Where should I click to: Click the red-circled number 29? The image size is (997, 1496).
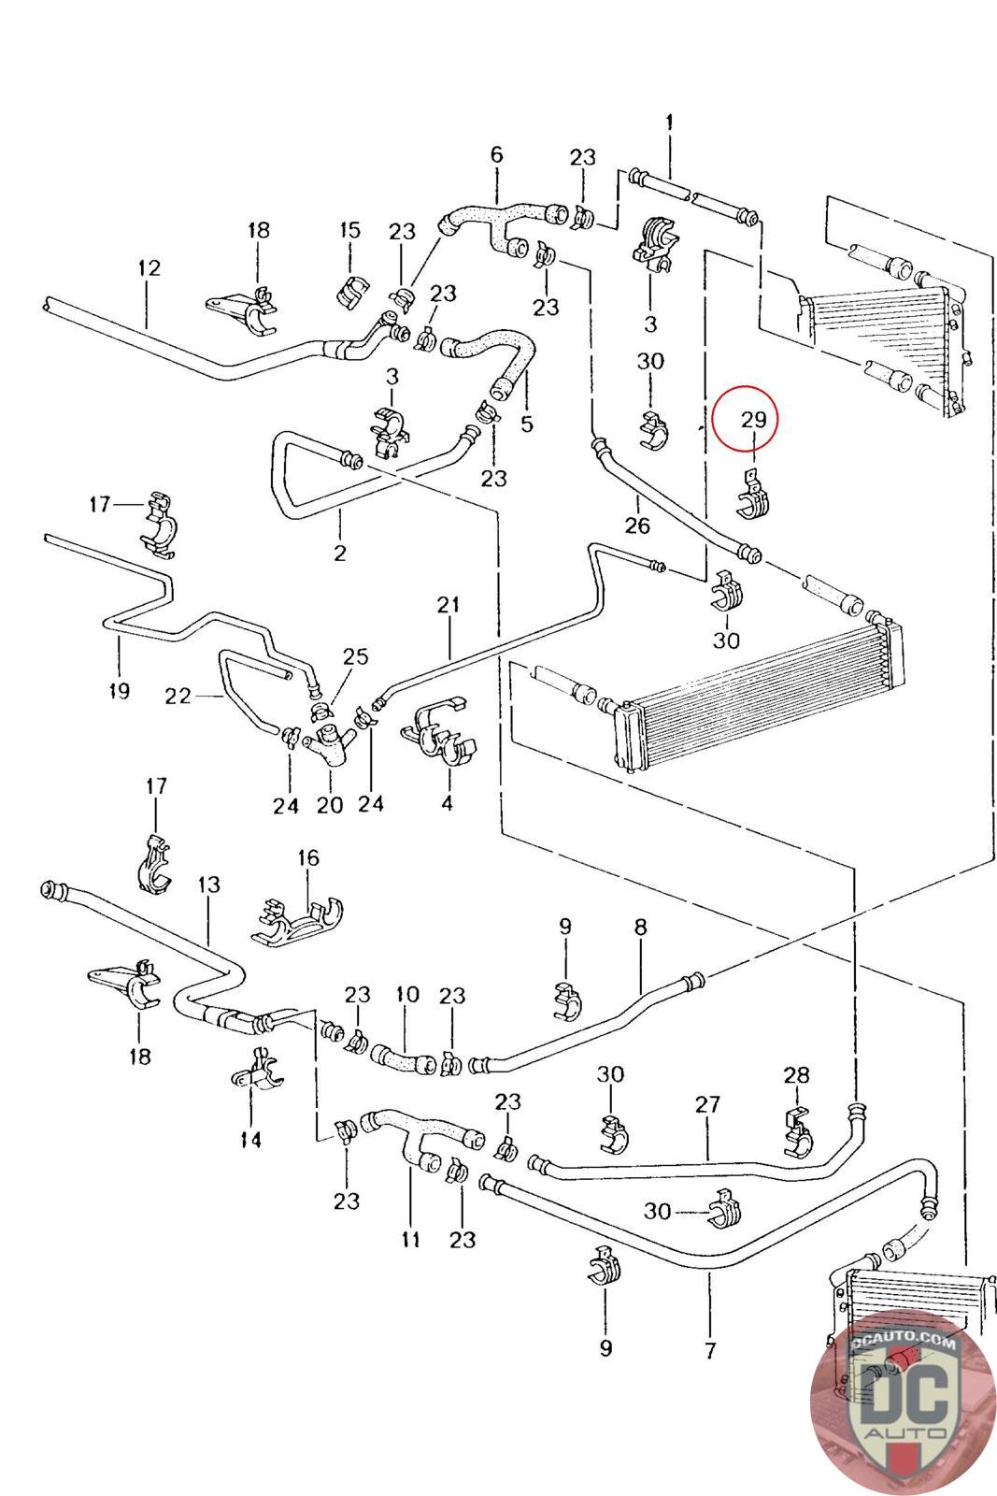[753, 420]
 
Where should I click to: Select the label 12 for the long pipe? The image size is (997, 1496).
[149, 268]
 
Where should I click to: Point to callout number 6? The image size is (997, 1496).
[496, 154]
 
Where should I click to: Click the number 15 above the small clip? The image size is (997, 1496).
[349, 230]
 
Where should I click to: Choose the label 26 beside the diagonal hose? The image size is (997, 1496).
[637, 525]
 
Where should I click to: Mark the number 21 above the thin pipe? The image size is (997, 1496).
[449, 605]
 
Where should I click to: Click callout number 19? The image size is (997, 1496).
[119, 691]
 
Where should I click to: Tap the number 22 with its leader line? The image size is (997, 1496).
[178, 697]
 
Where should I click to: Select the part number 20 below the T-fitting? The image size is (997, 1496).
[330, 804]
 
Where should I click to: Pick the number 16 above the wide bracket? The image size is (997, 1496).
[308, 857]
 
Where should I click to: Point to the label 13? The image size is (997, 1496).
[209, 884]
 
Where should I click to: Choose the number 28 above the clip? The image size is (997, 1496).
[797, 1076]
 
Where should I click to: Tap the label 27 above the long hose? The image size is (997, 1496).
[708, 1104]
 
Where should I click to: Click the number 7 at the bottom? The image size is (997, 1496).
[710, 1349]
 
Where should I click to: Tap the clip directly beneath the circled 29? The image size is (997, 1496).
[755, 495]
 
